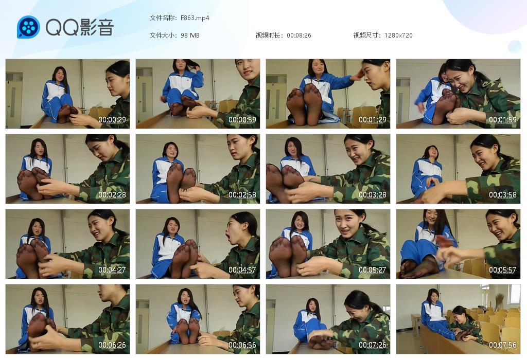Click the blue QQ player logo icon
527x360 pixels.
point(29,27)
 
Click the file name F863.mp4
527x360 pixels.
point(195,18)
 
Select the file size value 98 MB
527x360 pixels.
point(190,35)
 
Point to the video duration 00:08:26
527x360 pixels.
point(299,35)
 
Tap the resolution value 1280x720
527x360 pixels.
point(398,35)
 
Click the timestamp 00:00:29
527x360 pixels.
point(112,119)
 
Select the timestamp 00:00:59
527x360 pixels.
point(242,119)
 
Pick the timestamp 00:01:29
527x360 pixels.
point(373,119)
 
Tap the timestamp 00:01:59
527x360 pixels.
point(503,119)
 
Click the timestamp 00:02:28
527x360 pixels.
point(112,195)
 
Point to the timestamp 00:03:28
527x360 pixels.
point(373,195)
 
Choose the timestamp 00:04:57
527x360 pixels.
point(242,269)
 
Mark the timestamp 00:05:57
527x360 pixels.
point(503,269)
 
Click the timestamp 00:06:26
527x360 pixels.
point(112,345)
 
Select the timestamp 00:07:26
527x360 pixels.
point(373,345)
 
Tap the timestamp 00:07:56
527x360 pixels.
point(503,345)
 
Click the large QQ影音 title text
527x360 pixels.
point(80,27)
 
